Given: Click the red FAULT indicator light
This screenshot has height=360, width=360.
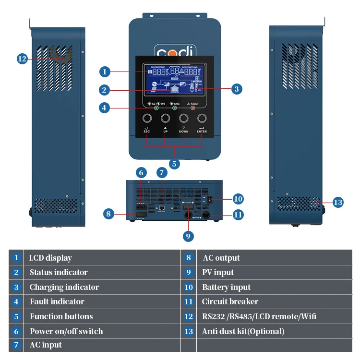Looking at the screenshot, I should click(x=193, y=108).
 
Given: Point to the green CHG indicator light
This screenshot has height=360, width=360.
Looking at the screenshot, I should click(x=174, y=108).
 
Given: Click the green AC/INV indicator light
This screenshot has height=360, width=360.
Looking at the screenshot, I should click(x=156, y=108).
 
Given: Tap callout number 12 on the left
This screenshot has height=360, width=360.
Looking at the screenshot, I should click(x=22, y=59).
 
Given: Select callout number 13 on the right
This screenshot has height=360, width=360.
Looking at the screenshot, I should click(x=338, y=202).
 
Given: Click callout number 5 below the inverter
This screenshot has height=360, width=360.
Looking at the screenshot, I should click(x=175, y=164).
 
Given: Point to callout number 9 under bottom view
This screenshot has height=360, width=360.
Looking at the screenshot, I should click(x=188, y=236).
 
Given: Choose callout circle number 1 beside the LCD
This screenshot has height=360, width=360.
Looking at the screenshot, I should click(x=105, y=72).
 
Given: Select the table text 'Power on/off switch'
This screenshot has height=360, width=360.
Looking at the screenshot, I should click(x=66, y=331).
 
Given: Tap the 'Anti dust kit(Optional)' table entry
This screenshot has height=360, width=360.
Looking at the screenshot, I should click(x=243, y=331).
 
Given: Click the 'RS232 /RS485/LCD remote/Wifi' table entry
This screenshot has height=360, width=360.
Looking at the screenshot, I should click(x=259, y=316).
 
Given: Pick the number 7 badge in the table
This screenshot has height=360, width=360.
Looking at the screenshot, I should click(x=16, y=345).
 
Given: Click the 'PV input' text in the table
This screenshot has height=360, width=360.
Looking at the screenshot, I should click(x=218, y=272).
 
